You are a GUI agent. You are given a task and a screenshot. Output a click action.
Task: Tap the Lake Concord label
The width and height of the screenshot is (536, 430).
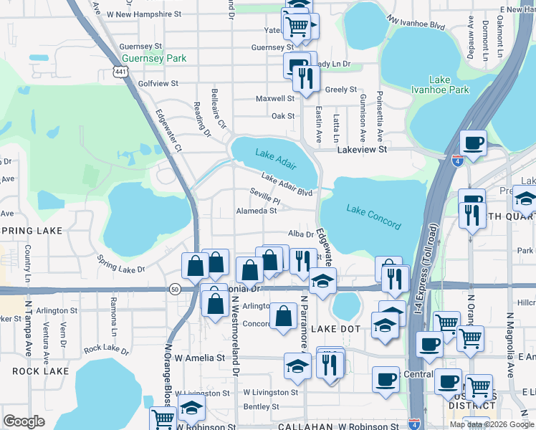click(x=373, y=216)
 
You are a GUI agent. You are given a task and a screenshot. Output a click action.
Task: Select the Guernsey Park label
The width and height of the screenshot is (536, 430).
click(x=154, y=58)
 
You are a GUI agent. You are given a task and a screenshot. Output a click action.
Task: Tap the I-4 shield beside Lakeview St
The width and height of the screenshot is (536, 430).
click(x=456, y=161)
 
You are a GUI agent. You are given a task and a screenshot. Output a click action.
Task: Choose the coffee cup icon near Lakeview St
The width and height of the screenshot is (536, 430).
click(x=473, y=143)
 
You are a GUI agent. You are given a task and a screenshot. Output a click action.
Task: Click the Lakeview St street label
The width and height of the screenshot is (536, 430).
click(x=362, y=150)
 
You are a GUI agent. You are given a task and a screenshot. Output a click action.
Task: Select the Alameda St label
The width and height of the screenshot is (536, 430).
click(x=256, y=211)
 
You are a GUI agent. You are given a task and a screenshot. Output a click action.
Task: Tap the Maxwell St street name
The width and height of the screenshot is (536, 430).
click(x=275, y=98)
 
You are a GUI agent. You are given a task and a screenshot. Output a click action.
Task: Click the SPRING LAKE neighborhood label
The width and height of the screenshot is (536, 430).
click(x=32, y=231)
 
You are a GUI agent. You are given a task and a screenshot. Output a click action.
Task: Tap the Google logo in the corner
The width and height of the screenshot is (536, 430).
click(x=24, y=421)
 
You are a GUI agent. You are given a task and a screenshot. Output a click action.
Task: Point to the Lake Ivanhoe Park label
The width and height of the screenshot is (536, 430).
click(x=449, y=85)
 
